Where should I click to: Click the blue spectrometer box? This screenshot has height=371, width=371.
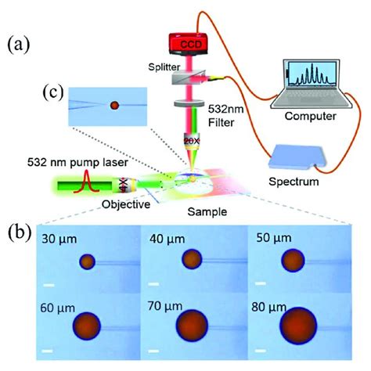point(300,160)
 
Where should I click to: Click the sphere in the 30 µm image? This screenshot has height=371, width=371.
point(88,261)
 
